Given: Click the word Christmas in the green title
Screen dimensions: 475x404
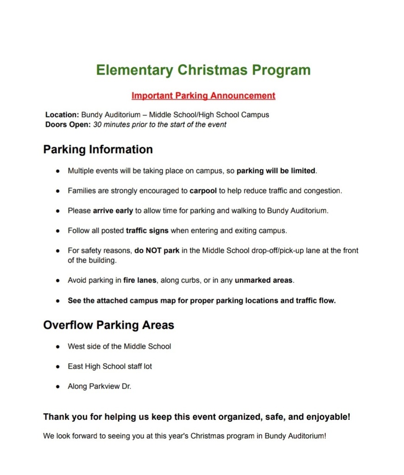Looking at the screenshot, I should [213, 70].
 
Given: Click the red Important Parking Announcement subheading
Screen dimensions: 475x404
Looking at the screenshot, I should [203, 96].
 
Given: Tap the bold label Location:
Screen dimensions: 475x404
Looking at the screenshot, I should [62, 115].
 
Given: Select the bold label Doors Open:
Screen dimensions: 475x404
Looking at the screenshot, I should [68, 124].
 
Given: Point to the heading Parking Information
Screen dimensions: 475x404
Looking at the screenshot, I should [98, 149].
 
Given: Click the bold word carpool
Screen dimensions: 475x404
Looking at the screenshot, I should [203, 191].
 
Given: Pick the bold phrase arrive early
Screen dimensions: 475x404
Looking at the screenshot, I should [113, 211].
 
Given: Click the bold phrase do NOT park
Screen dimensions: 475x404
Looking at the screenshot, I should [157, 250].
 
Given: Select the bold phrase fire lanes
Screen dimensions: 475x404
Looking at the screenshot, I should [140, 280].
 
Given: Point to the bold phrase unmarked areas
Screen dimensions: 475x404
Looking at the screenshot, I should [264, 280].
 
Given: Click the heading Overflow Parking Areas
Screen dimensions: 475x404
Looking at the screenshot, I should [108, 325].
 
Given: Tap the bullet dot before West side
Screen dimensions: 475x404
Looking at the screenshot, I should [58, 347].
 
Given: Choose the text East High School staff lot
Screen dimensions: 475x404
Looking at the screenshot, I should [110, 366].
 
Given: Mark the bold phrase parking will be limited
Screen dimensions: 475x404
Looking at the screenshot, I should [276, 171].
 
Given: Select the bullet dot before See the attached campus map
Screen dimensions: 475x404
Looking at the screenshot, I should [58, 301].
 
